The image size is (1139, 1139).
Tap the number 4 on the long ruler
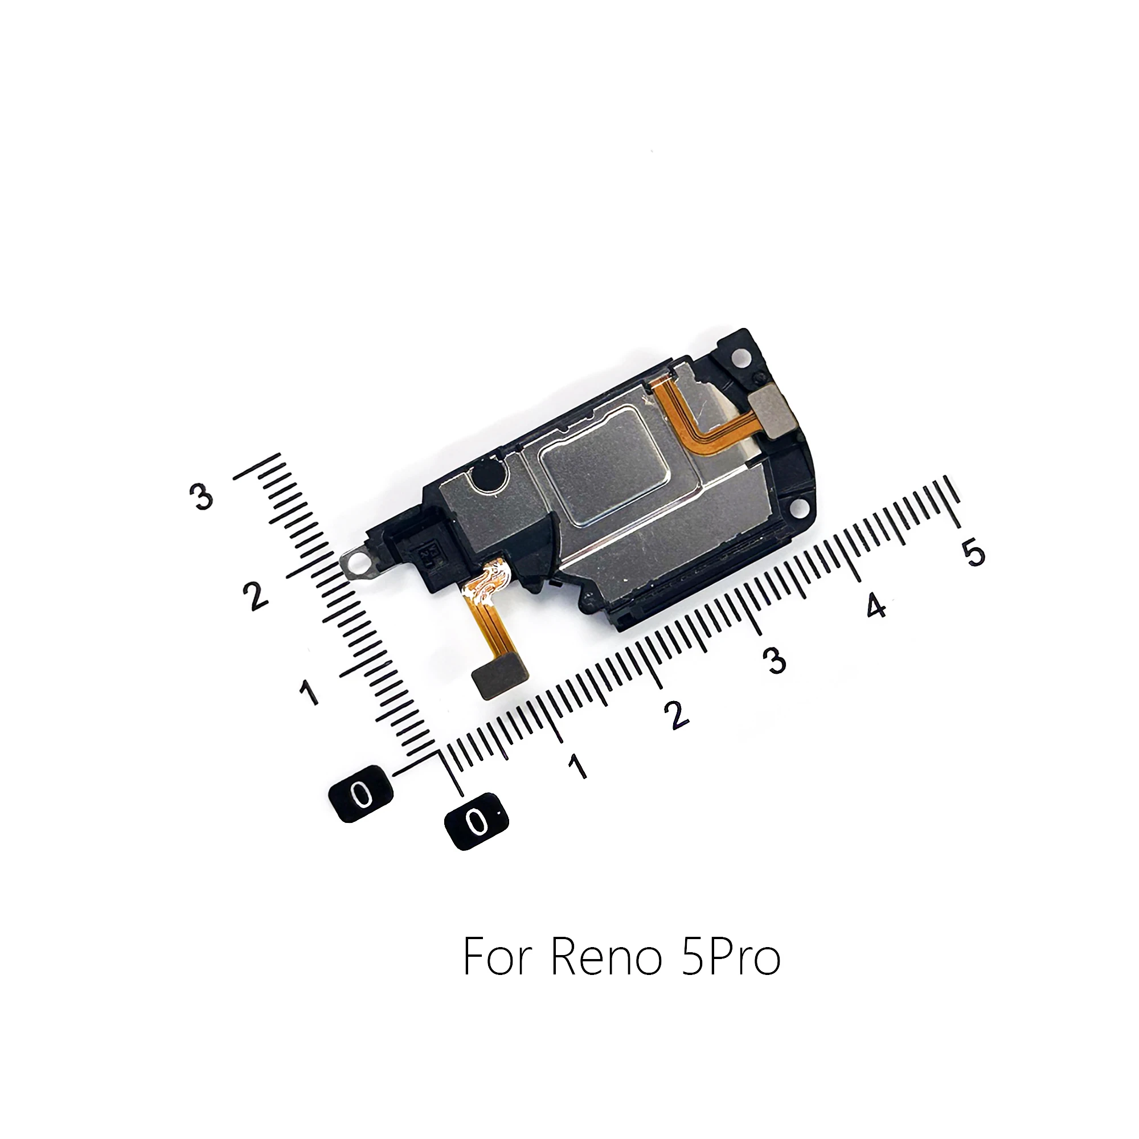click(x=876, y=605)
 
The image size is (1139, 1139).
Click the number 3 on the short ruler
click(x=202, y=497)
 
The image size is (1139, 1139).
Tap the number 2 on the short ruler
click(x=255, y=596)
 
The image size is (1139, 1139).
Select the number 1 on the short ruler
click(x=309, y=691)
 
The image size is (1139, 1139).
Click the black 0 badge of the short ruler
click(x=361, y=793)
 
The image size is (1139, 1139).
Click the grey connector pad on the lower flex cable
click(x=501, y=679)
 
